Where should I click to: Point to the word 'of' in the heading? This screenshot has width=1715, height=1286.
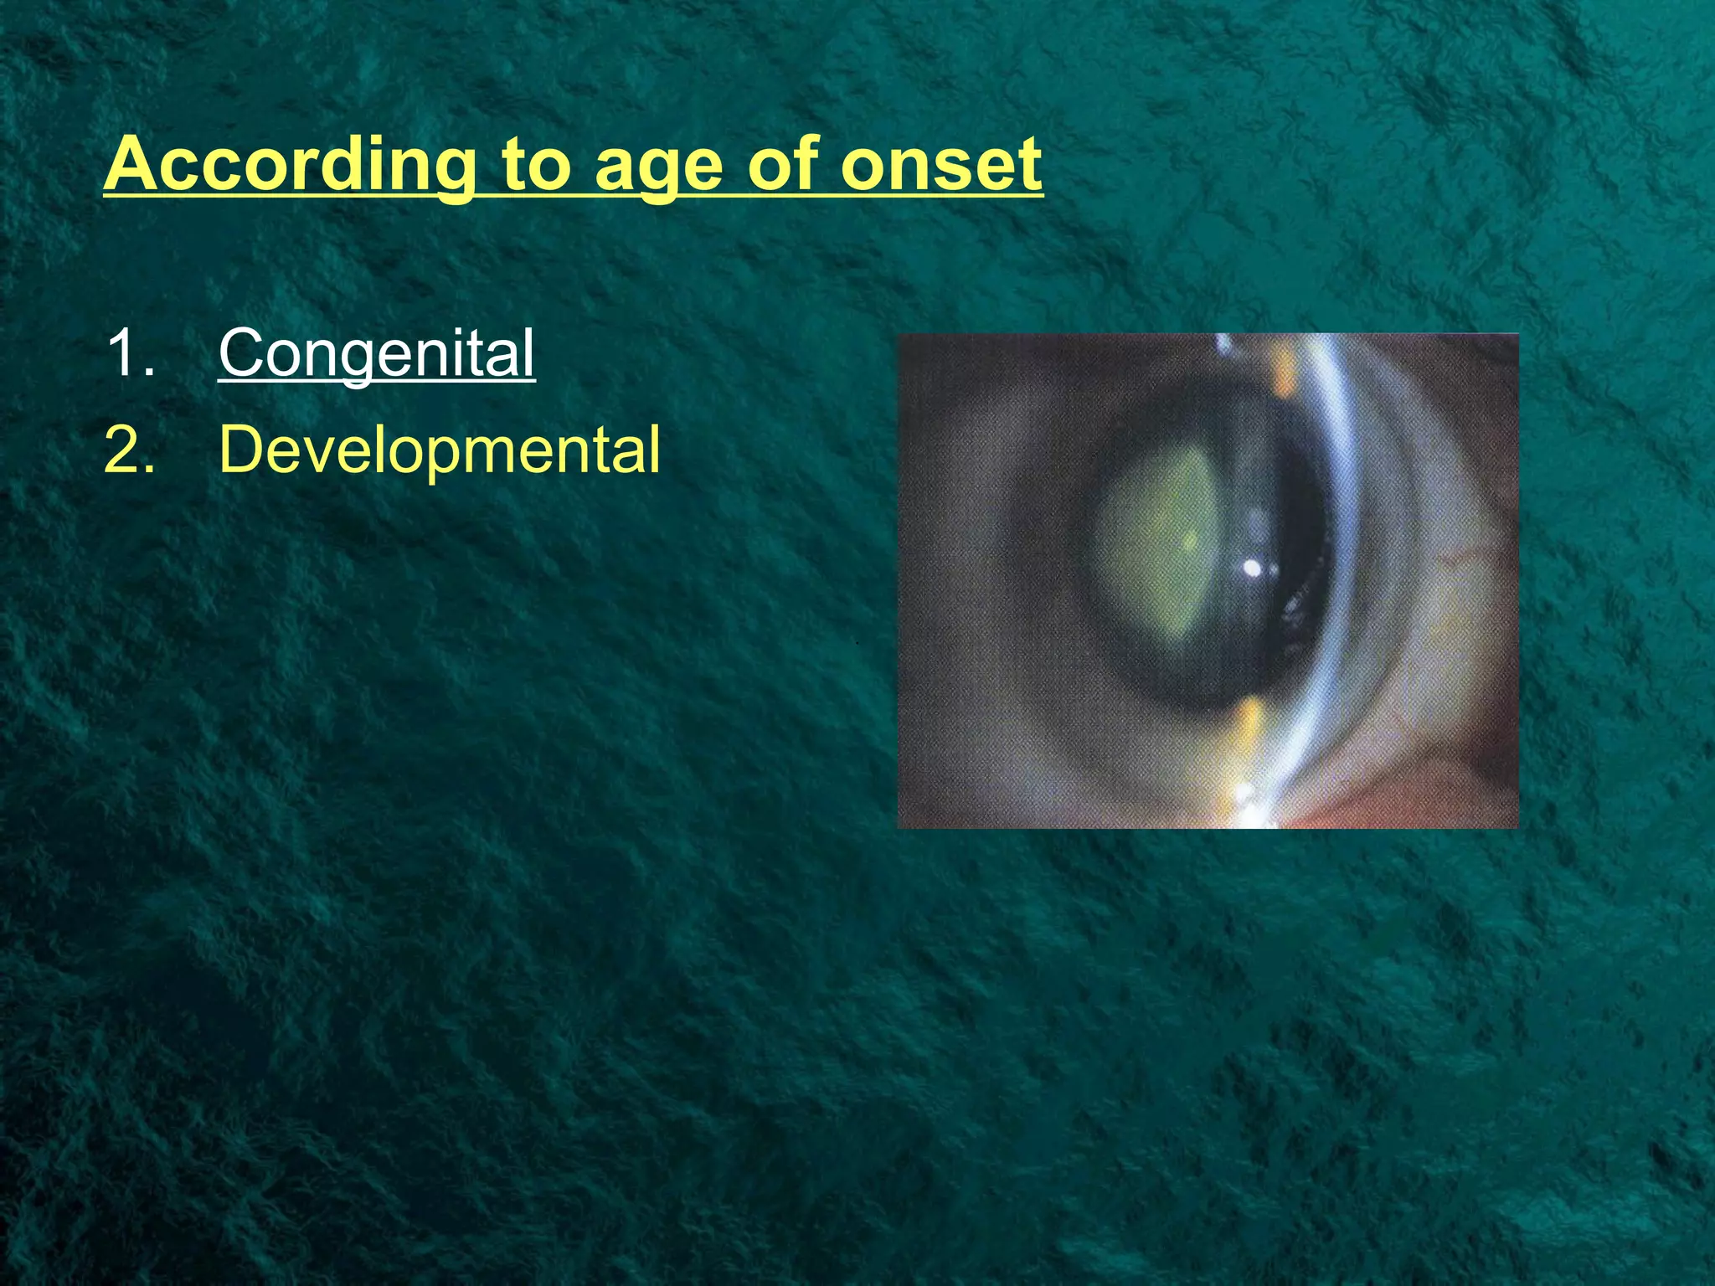(x=784, y=165)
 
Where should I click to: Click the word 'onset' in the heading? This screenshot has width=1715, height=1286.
(x=941, y=165)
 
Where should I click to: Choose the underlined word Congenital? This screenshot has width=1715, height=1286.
(x=376, y=354)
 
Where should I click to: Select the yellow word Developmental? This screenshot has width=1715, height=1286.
(x=439, y=450)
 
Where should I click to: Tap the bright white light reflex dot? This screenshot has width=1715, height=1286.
(x=1253, y=569)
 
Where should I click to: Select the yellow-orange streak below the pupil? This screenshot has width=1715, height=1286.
(x=1248, y=720)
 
